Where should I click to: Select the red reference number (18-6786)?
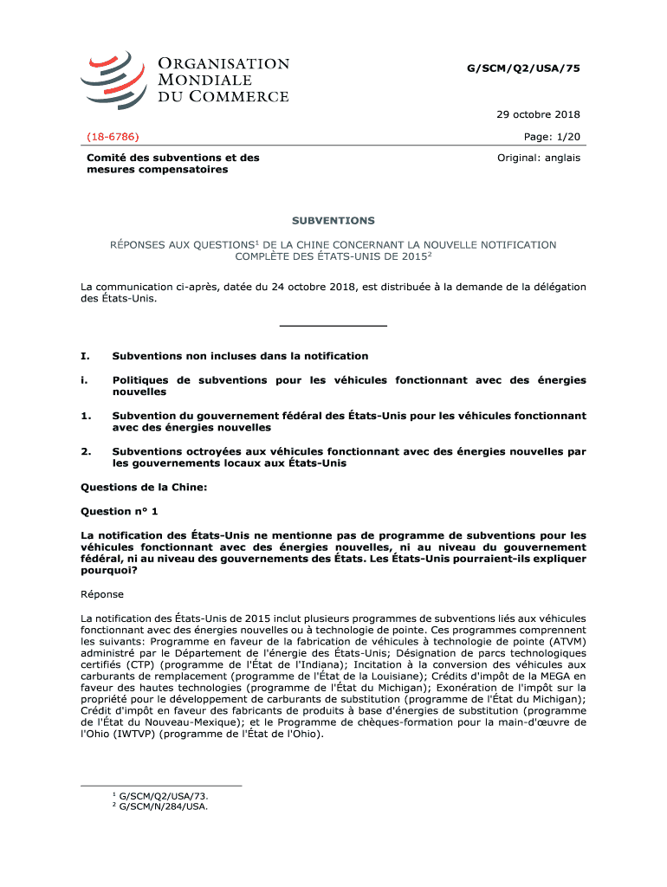click(113, 137)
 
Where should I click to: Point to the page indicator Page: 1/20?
click(552, 137)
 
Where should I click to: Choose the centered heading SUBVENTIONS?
click(333, 221)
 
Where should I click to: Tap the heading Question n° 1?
click(120, 511)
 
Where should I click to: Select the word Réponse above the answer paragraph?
click(102, 594)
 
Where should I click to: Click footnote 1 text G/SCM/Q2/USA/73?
click(164, 793)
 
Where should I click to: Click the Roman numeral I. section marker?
click(85, 356)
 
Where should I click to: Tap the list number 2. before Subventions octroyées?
click(86, 451)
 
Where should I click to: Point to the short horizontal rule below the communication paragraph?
click(333, 326)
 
